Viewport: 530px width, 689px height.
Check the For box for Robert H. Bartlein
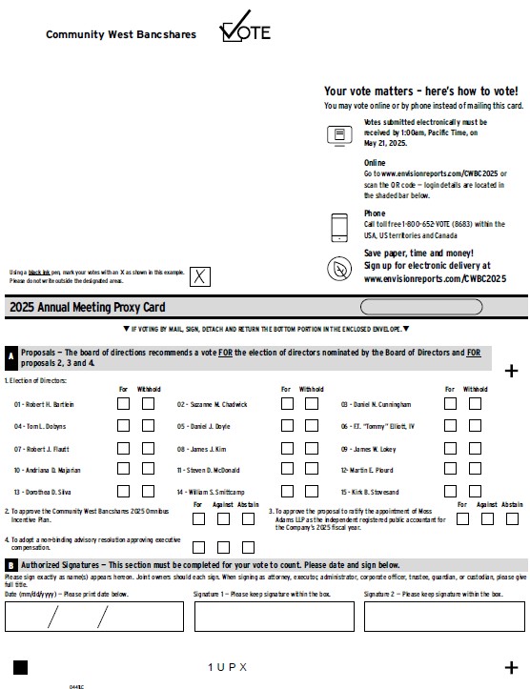pyautogui.click(x=124, y=403)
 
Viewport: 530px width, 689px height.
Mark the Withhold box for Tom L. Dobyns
pyautogui.click(x=149, y=425)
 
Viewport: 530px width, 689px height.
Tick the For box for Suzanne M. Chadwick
pyautogui.click(x=287, y=403)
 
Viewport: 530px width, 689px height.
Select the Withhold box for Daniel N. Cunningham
pyautogui.click(x=475, y=403)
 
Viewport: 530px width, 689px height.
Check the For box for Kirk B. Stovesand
pyautogui.click(x=451, y=491)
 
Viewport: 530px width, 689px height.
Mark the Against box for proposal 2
pyautogui.click(x=222, y=519)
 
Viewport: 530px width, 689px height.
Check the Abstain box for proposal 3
pyautogui.click(x=512, y=519)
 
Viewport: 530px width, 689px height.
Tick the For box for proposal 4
pyautogui.click(x=198, y=547)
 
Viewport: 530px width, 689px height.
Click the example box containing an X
pyautogui.click(x=200, y=276)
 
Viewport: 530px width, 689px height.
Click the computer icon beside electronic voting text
pyautogui.click(x=339, y=135)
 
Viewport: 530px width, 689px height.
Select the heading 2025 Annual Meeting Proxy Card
pyautogui.click(x=88, y=307)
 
